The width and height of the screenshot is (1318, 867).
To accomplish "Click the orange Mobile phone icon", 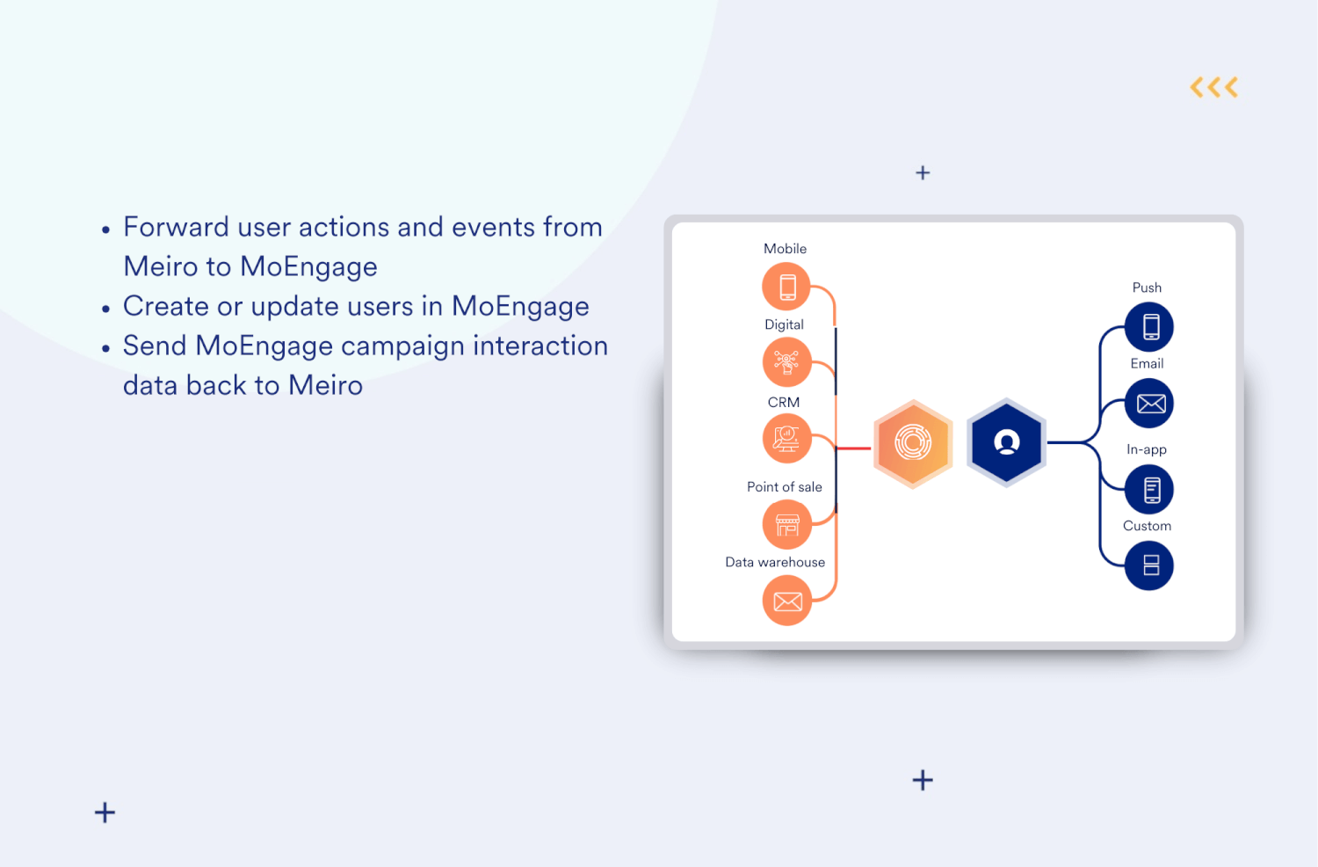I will pos(786,287).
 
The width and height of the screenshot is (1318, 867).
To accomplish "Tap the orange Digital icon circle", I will pos(786,362).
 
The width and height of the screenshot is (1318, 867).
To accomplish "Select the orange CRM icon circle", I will pos(786,438).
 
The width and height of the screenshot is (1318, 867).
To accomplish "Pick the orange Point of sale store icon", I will pos(786,524).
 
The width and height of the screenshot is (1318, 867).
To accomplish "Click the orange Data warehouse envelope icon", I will pos(786,601).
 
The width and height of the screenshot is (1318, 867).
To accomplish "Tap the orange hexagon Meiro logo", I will pos(913,443).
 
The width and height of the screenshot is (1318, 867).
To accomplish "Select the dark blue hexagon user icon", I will pos(1006,443).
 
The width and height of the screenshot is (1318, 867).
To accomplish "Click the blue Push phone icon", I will pos(1149,327).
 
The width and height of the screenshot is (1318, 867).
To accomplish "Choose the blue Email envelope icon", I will pos(1149,404).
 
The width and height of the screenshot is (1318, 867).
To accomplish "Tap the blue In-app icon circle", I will pos(1149,490).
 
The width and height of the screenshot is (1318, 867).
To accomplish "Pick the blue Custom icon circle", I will pos(1149,565).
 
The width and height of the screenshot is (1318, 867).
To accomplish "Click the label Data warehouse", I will pos(775,563).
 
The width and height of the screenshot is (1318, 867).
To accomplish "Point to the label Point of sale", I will pos(784,487).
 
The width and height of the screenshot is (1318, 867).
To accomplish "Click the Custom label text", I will pos(1147,526).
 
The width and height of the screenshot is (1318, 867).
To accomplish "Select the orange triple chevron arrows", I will pos(1213,87).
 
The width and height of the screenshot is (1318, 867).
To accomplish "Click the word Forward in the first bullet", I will pos(176,228).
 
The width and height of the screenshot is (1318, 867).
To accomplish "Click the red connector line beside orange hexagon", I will pos(852,448).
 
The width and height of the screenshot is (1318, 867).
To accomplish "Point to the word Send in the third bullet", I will pos(155,346).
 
